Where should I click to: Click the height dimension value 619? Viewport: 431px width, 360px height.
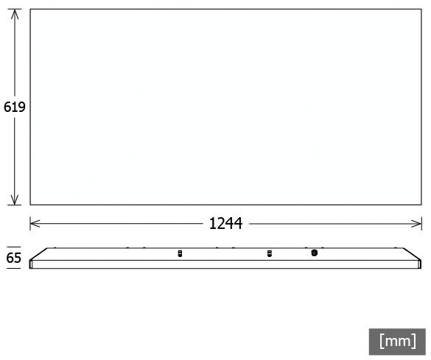click(15, 107)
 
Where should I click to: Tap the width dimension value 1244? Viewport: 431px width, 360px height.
click(225, 223)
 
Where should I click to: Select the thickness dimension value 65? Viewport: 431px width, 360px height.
click(14, 258)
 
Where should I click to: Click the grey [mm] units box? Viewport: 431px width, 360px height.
click(397, 342)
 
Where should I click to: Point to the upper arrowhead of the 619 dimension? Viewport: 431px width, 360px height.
click(15, 14)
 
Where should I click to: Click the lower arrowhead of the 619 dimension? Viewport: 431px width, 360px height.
click(15, 200)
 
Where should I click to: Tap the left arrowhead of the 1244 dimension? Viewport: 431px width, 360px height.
click(35, 224)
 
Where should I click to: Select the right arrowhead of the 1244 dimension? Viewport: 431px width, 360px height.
click(416, 224)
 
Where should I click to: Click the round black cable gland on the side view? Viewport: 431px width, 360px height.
click(315, 253)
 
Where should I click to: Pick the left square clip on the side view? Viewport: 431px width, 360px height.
click(180, 253)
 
